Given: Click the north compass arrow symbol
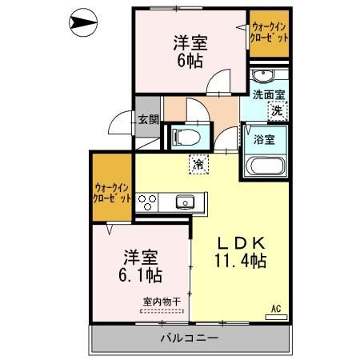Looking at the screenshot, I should [82, 24].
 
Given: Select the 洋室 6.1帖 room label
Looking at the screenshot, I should [142, 266].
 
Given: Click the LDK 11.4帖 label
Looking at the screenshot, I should [240, 250].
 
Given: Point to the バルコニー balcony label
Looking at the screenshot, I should [190, 338].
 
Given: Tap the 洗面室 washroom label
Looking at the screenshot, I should [269, 94].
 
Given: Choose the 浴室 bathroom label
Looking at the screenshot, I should [265, 138].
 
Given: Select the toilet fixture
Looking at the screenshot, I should [182, 135].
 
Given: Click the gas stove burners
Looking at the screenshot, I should [148, 202].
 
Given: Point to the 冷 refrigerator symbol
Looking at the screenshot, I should [197, 166].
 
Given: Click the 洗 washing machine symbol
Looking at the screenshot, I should [275, 111].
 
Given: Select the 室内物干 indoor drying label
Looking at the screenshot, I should [161, 302].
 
